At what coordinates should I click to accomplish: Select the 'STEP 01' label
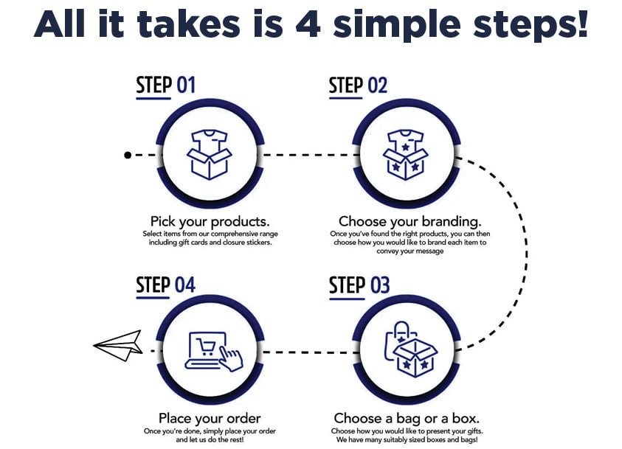click(x=165, y=86)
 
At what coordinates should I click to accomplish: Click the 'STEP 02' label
click(x=358, y=86)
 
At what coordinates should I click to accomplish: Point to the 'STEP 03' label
click(x=359, y=285)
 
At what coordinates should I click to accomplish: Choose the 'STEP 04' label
click(x=165, y=285)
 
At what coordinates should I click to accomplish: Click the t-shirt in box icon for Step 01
click(x=210, y=153)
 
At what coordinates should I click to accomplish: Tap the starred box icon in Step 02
click(x=404, y=154)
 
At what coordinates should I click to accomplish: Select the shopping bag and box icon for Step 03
click(x=410, y=350)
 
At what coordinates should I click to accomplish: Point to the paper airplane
click(x=118, y=345)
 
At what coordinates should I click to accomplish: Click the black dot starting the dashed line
click(x=128, y=155)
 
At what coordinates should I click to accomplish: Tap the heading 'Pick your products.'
click(x=210, y=221)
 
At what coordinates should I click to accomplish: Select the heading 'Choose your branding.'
click(x=410, y=221)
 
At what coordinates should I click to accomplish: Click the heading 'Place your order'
click(x=210, y=419)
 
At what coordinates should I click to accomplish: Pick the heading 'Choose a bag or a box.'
click(x=407, y=419)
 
